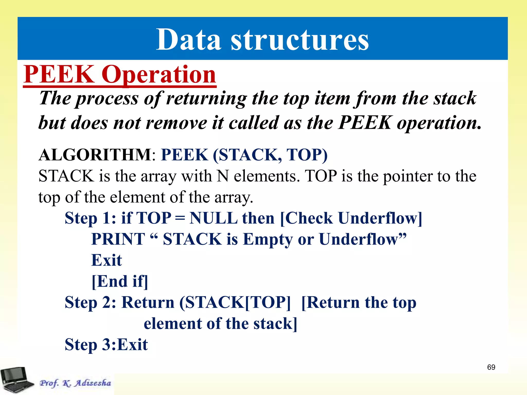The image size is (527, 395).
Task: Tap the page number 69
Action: coord(491,367)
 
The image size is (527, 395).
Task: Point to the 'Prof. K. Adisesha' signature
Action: coord(75,383)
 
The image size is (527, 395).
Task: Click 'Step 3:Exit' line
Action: coord(106,345)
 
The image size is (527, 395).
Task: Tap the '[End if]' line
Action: coord(120,281)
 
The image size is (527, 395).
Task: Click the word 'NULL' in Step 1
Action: coord(213,218)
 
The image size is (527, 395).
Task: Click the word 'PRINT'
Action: coord(118,239)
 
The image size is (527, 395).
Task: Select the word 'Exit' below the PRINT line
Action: coord(107,260)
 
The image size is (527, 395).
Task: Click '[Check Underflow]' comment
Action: coord(351,218)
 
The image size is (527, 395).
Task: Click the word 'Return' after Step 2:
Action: coord(148,302)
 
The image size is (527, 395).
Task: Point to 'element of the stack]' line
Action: coord(220,324)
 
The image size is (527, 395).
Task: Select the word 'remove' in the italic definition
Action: coord(176,123)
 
